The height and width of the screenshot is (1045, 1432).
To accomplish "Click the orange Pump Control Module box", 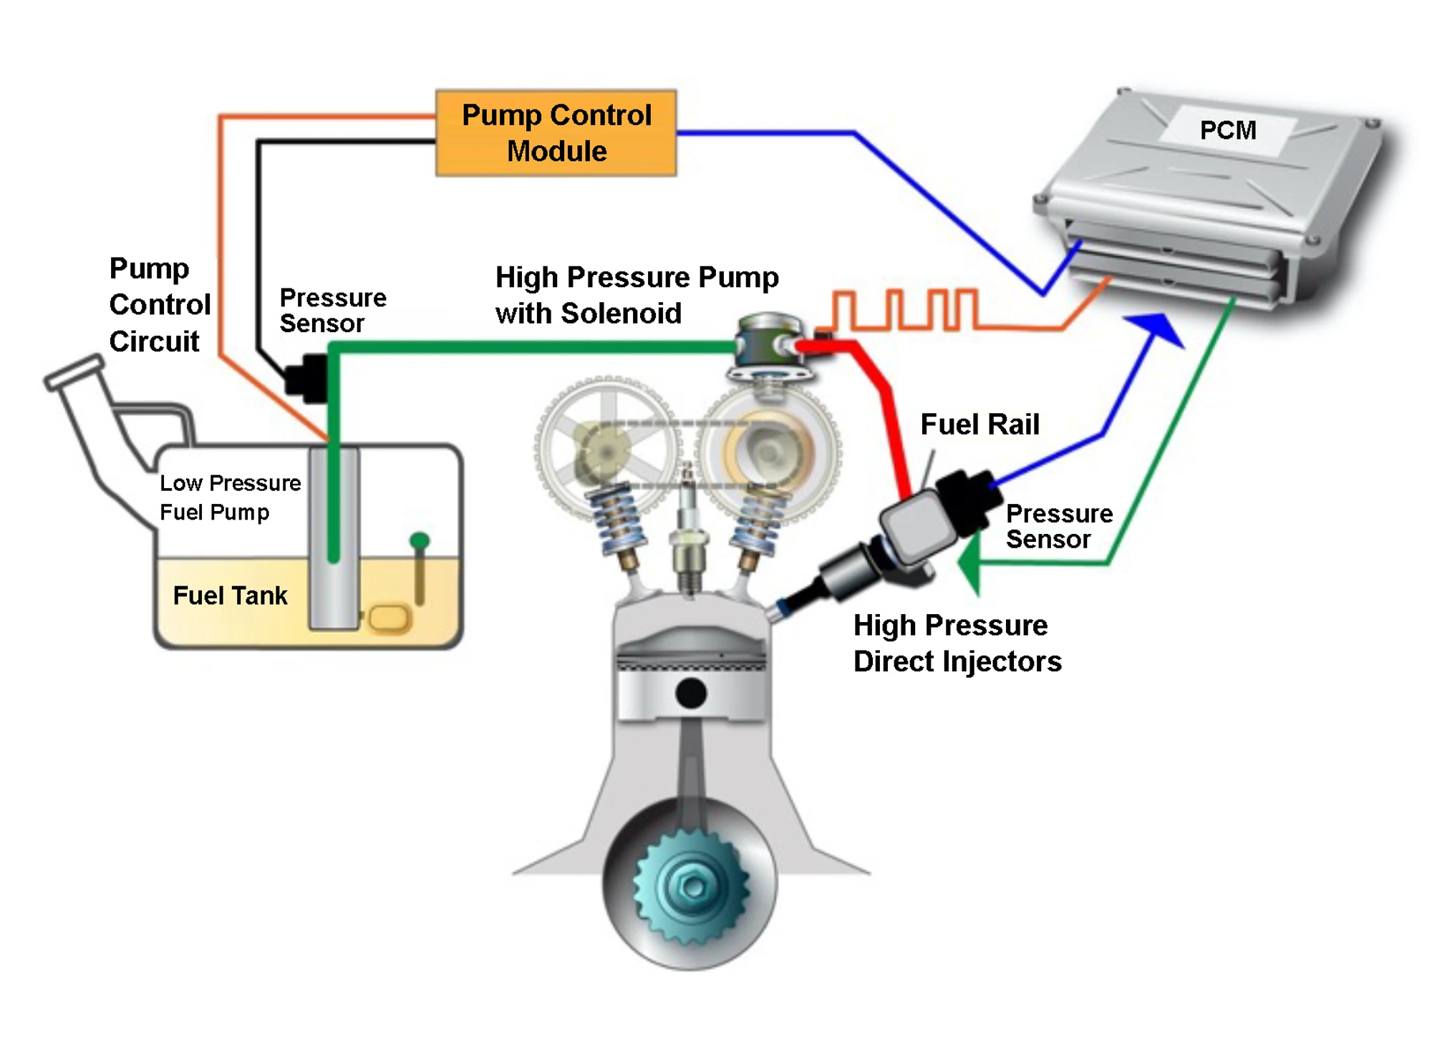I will [x=556, y=133].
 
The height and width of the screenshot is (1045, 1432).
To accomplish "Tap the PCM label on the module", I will [x=1227, y=130].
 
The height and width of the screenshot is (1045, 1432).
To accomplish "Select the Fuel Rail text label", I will [x=979, y=424].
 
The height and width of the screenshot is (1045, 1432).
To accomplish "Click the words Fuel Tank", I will [x=230, y=596].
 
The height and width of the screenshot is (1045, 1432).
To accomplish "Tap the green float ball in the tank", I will [x=420, y=540].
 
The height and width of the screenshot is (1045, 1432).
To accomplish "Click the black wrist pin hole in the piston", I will [x=691, y=693].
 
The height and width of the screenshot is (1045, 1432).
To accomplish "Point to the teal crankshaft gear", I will [x=692, y=888].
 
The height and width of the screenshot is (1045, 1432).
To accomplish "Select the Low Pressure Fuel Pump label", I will [x=229, y=497].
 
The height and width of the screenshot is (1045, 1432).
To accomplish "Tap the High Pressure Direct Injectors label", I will [x=957, y=643].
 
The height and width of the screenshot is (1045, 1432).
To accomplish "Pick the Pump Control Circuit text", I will [x=159, y=305].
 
